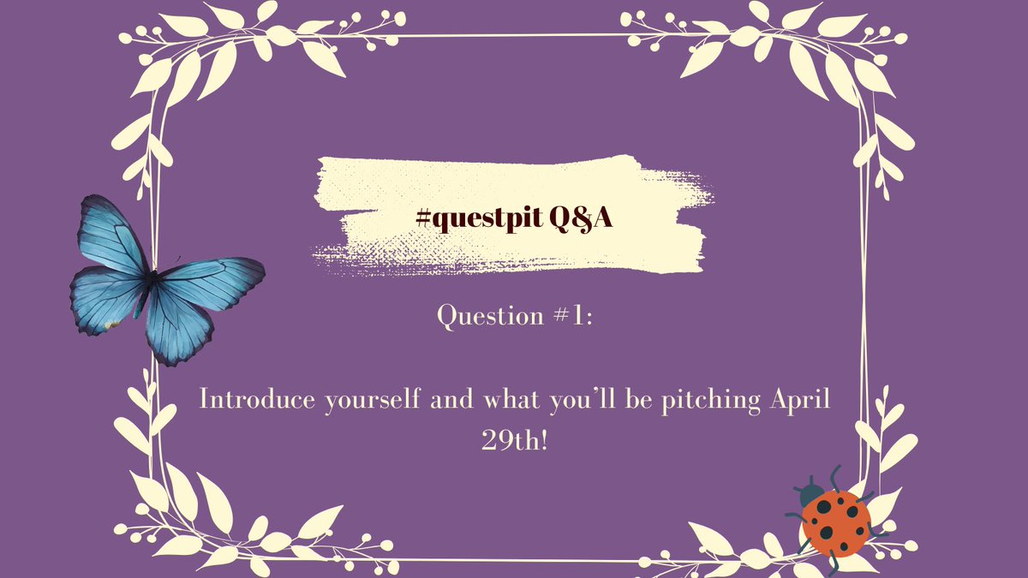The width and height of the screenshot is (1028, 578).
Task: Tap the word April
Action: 801,402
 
